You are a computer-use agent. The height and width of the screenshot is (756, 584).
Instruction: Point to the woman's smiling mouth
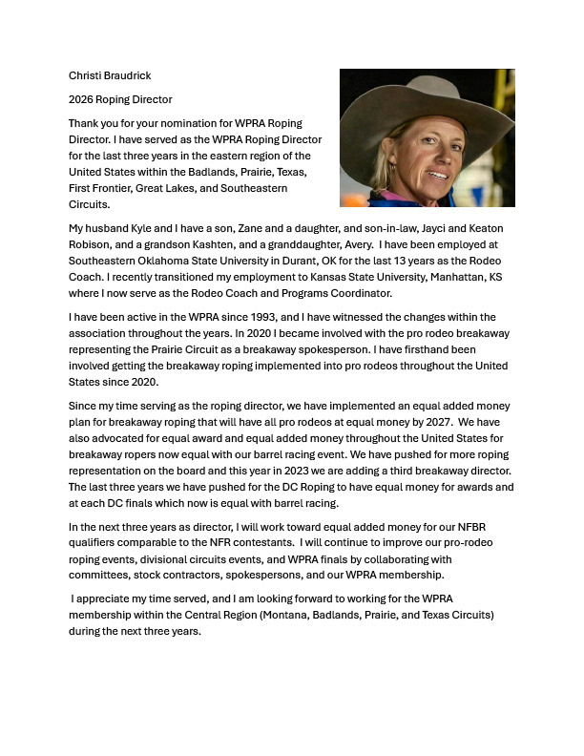click(x=436, y=176)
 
